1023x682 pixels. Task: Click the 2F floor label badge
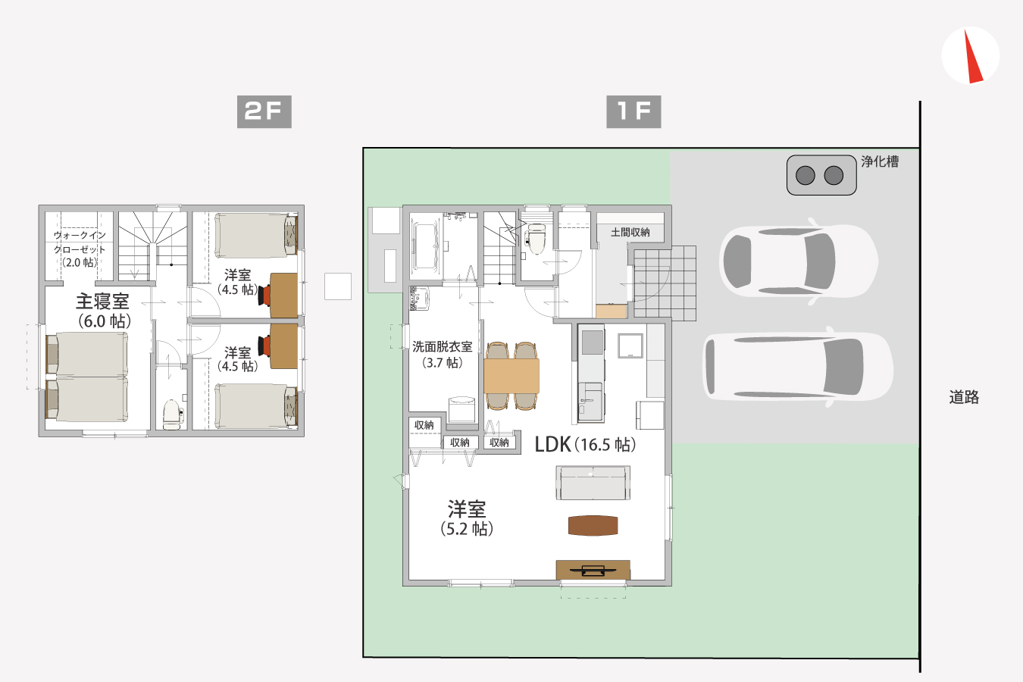pos(264,111)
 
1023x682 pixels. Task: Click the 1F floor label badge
pos(634,111)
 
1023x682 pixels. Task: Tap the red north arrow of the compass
pos(972,56)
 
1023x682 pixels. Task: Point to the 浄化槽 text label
pos(880,161)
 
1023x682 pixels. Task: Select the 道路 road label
pos(964,397)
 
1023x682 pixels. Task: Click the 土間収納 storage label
pos(630,233)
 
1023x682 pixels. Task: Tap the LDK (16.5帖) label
pos(585,445)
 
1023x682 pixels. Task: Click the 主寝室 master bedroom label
pos(103,302)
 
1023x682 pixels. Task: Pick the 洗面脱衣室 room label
pos(442,347)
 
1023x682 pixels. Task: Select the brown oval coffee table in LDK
pos(593,525)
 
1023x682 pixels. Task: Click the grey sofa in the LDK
pos(593,483)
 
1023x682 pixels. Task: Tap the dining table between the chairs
pos(511,376)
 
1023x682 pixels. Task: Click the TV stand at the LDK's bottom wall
pos(593,570)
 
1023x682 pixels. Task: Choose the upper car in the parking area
pos(798,261)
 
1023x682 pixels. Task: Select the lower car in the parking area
pos(797,367)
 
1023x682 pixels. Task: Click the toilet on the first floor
pos(534,238)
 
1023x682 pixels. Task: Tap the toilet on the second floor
pos(173,415)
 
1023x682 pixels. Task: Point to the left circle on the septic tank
pos(806,175)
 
